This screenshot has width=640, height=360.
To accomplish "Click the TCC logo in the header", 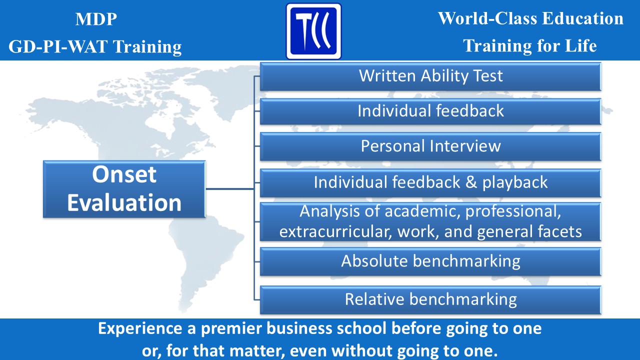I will click(x=313, y=31).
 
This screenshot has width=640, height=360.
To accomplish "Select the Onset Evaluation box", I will click(x=124, y=189).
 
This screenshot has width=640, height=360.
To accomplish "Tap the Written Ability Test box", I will click(x=430, y=76).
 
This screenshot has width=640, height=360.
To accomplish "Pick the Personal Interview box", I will click(x=430, y=146).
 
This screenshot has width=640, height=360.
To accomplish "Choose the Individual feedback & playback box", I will click(x=430, y=182).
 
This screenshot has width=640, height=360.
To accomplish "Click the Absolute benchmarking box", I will click(x=430, y=261).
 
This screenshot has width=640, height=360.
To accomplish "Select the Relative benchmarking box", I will click(x=430, y=299).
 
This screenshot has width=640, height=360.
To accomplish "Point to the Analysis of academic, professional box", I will click(x=430, y=221).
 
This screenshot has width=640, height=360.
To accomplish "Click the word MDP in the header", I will click(x=96, y=20).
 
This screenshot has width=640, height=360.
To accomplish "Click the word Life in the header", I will click(x=579, y=46).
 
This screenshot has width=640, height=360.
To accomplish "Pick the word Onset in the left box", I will click(x=124, y=175).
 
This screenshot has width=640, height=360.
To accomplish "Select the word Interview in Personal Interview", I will click(x=464, y=146).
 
